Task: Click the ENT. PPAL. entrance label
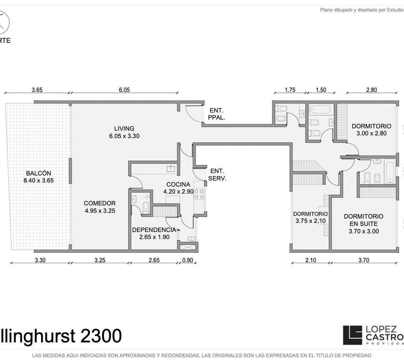coord(217,114)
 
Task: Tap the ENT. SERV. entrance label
coord(217,175)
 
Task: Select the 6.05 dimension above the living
coord(124,90)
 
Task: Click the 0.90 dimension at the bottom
coord(187,260)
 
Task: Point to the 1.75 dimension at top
coord(290,90)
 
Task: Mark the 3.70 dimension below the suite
coord(364,260)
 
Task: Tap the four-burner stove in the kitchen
coord(199,194)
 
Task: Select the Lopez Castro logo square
coord(352,335)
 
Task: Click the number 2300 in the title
coord(101,336)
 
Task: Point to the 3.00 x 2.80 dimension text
coord(371,133)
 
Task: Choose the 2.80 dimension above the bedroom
coord(371,90)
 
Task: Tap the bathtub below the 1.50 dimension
coord(320,109)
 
